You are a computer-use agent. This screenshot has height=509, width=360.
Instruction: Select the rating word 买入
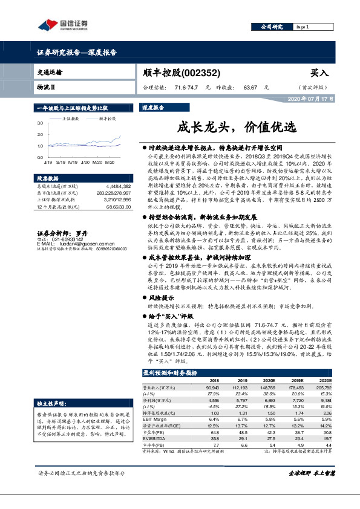coord(319,73)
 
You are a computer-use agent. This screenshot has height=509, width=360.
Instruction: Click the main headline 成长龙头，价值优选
coord(237,128)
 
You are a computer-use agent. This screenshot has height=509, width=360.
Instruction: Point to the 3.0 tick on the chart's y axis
coord(40,122)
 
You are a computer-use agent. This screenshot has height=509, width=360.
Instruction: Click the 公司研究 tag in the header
coord(272,27)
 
